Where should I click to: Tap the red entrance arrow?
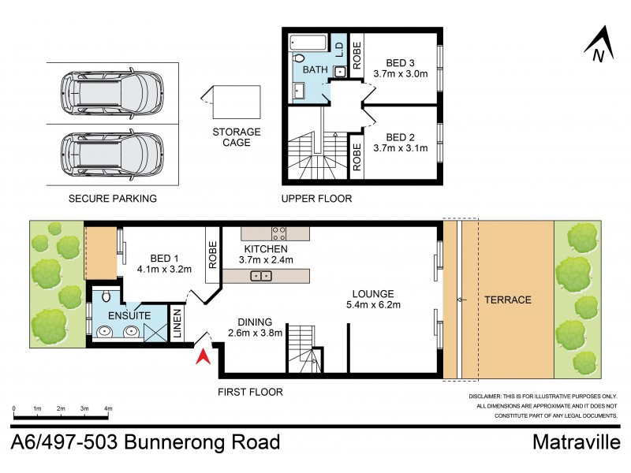203,356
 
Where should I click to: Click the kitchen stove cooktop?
280,233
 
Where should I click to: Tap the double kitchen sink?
261,275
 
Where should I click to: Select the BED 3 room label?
400,63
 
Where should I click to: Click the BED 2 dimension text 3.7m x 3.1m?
400,147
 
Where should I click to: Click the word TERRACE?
508,300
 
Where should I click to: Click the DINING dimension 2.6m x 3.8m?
249,333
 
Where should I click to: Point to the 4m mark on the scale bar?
108,408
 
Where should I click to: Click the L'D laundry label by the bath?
339,48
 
